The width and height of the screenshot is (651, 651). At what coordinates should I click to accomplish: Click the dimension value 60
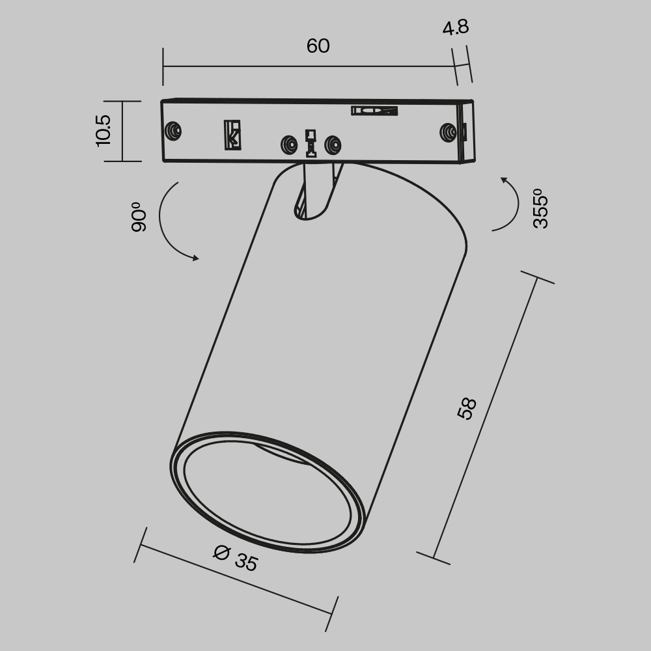click(x=318, y=46)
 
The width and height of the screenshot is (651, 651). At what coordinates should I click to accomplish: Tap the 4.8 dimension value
click(x=455, y=28)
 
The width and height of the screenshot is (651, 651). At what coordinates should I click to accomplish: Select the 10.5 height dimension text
click(x=104, y=130)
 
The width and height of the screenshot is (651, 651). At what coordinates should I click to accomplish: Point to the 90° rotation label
click(x=139, y=217)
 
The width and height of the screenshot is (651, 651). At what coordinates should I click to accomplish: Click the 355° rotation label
click(x=540, y=208)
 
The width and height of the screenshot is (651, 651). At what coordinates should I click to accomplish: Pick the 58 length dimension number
click(x=467, y=408)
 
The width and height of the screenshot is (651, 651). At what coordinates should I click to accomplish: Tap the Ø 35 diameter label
click(x=236, y=558)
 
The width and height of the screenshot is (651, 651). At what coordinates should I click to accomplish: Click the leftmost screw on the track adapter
click(x=173, y=131)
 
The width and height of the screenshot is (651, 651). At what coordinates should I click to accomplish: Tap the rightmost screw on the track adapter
click(x=448, y=132)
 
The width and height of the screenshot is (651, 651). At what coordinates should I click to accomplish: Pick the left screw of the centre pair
click(x=287, y=144)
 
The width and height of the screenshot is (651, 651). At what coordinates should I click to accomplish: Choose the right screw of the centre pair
click(x=333, y=144)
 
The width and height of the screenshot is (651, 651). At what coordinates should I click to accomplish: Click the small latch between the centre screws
click(x=311, y=143)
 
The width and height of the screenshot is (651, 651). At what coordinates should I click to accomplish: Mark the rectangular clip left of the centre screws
click(x=232, y=135)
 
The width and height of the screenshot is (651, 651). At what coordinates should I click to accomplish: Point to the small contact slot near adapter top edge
click(x=374, y=111)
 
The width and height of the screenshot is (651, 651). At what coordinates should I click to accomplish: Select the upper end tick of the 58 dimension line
click(x=537, y=279)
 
